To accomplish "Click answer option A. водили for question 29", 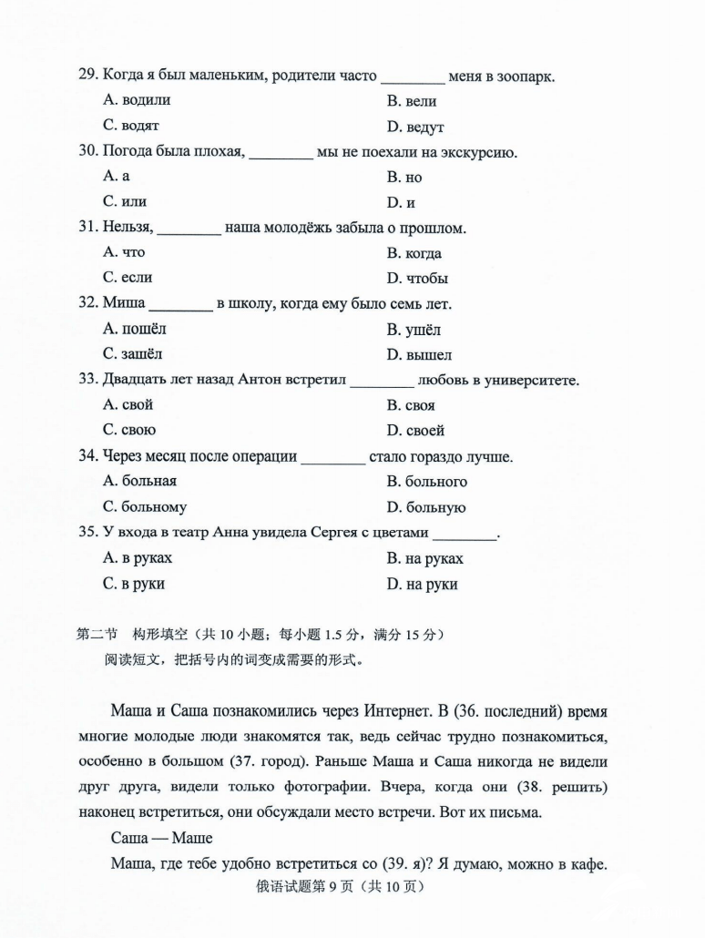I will tap(137, 100).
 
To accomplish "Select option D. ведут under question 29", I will tap(414, 127).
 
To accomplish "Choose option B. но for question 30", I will tap(404, 178).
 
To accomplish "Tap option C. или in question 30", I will tap(125, 201).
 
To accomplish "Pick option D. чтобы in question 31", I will tap(416, 279).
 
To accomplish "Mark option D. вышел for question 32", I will tap(418, 354).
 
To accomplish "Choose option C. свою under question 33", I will tap(129, 430).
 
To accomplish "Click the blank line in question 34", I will tap(332, 457).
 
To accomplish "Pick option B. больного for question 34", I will tap(426, 481).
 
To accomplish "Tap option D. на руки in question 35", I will tap(422, 584).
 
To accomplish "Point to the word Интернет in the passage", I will tap(389, 709).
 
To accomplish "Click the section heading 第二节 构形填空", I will tap(132, 634).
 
